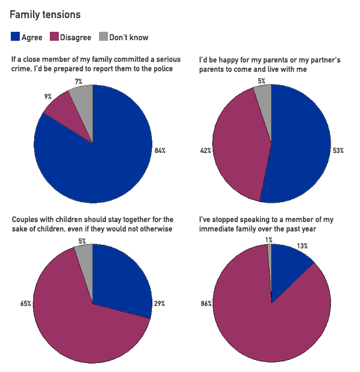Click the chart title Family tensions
pos(45,14)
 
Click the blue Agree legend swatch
pos(15,37)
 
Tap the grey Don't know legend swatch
pos(103,37)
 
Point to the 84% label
pos(160,151)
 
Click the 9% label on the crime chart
pos(48,96)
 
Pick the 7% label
pos(79,81)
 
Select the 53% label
pos(338,151)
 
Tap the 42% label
pos(205,151)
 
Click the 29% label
pos(160,304)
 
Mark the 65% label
pos(25,304)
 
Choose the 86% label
pos(205,304)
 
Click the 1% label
pos(269,240)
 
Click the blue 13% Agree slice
pos(288,264)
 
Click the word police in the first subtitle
pos(162,68)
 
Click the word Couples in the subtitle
pos(26,220)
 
